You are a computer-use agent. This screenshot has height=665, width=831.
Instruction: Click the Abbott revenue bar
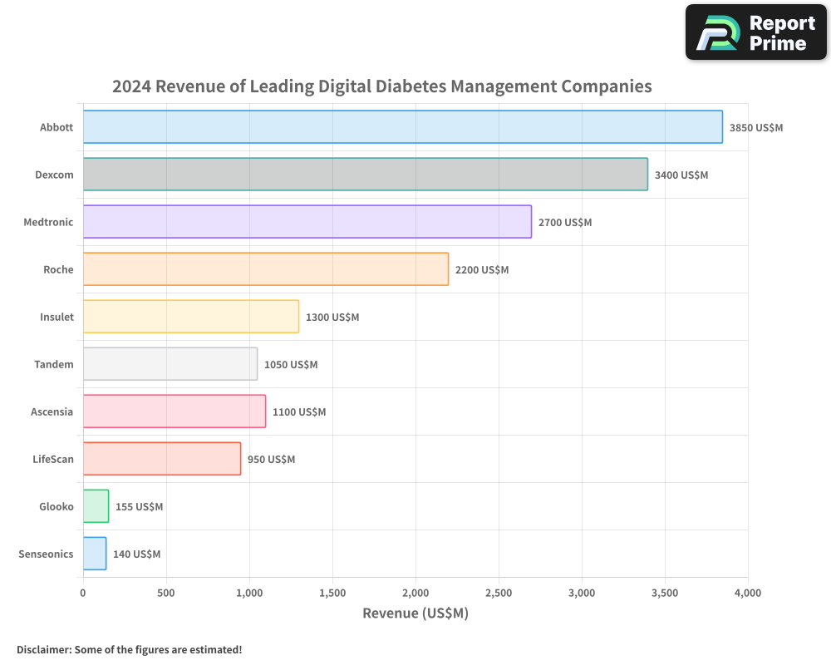[x=402, y=127]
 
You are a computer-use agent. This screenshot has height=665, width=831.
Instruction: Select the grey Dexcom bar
[x=365, y=175]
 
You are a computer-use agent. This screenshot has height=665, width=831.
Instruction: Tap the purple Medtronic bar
[x=307, y=222]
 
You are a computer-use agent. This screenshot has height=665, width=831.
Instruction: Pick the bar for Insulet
[x=190, y=317]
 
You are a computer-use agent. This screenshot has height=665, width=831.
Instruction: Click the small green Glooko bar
[x=96, y=506]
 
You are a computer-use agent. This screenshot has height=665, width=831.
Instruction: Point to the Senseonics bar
[x=95, y=554]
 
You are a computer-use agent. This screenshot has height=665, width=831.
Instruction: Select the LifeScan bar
[x=161, y=459]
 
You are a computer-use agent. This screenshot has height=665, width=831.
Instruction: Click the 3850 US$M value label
[x=756, y=128]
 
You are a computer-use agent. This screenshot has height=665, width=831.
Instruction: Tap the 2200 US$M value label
[x=482, y=270]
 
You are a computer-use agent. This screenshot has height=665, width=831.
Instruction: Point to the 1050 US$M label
[x=291, y=365]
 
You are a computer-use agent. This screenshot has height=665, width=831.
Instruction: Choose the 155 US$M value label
[x=139, y=507]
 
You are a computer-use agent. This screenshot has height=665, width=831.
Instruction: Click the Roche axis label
[x=58, y=269]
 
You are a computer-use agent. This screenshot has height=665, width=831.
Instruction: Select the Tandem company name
[x=54, y=364]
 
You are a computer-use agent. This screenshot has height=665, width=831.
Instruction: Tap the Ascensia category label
[x=52, y=411]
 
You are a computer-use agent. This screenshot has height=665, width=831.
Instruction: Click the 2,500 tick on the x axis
[x=499, y=593]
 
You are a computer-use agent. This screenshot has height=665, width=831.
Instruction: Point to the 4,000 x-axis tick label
[x=747, y=593]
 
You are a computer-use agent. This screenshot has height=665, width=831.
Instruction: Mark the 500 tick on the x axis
[x=166, y=593]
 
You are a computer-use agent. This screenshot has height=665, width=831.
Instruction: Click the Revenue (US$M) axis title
[x=415, y=613]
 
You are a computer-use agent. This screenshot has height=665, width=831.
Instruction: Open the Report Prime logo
[x=755, y=32]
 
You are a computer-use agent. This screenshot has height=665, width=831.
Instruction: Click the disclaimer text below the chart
[x=129, y=649]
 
